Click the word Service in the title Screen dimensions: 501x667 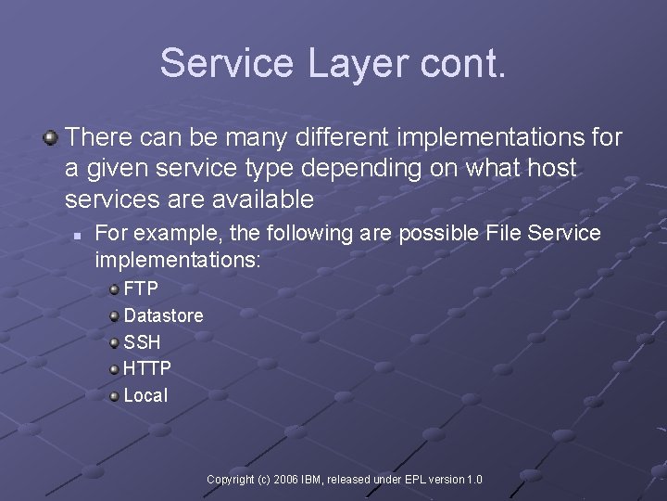(225, 63)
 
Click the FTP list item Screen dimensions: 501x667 (141, 289)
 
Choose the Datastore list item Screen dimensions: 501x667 (163, 315)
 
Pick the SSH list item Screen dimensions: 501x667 (142, 342)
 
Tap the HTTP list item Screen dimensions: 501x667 (147, 368)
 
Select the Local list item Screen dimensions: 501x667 (145, 395)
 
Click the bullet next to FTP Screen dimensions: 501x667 (114, 289)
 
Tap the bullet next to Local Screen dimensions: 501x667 (114, 396)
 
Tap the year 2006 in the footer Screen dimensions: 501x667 (286, 480)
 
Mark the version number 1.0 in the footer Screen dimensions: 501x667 (474, 480)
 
